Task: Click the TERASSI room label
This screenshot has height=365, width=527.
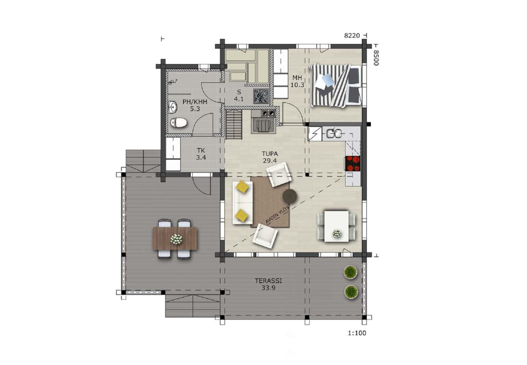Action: [x=268, y=281]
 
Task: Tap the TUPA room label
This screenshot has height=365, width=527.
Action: [x=270, y=154]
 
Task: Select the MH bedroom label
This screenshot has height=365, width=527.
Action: [x=297, y=78]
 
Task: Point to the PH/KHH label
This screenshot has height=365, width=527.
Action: [x=195, y=102]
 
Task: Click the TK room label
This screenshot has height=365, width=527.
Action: [x=201, y=151]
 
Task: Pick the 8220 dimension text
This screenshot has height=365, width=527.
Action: [x=352, y=35]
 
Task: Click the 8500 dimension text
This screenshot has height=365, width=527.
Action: [x=376, y=58]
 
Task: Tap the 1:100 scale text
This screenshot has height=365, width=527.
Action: [x=357, y=333]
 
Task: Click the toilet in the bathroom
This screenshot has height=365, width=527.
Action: [x=178, y=123]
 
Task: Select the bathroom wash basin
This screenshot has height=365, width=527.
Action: [x=173, y=107]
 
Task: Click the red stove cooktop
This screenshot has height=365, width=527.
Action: [x=352, y=163]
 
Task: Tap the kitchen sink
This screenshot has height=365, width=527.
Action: [x=334, y=134]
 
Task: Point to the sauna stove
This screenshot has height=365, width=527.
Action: [x=261, y=96]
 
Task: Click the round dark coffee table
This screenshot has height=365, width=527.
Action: [x=289, y=196]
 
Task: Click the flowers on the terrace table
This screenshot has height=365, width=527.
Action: [x=176, y=239]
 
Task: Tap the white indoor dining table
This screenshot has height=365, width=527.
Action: [x=336, y=226]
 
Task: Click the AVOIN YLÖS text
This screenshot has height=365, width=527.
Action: [x=277, y=214]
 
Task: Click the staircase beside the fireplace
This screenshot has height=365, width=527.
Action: [x=234, y=125]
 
